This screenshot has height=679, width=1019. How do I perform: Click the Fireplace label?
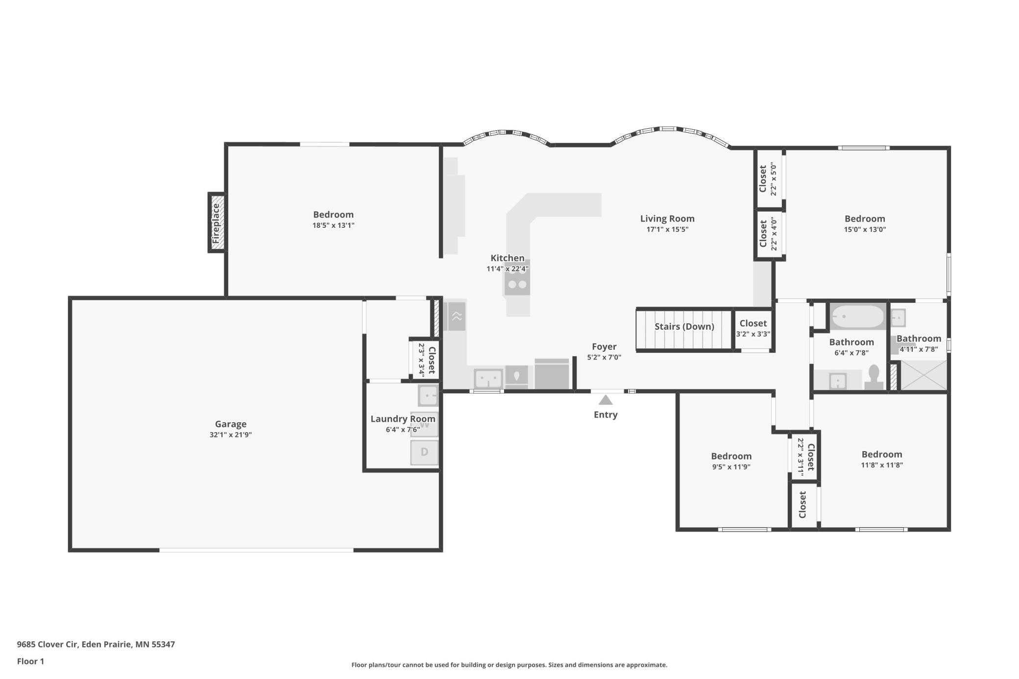pyautogui.click(x=216, y=223)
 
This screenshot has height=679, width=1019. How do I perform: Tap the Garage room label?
pyautogui.click(x=231, y=424)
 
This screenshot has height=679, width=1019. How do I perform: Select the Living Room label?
pyautogui.click(x=667, y=218)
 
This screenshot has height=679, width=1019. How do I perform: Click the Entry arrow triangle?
pyautogui.click(x=606, y=400)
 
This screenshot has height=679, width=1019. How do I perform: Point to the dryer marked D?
pyautogui.click(x=424, y=452)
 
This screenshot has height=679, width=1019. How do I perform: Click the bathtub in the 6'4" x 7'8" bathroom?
pyautogui.click(x=857, y=316)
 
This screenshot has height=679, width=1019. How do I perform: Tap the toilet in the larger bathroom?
pyautogui.click(x=873, y=377)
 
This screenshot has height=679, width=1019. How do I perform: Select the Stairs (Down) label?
pyautogui.click(x=684, y=326)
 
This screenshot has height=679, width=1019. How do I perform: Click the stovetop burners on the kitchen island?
pyautogui.click(x=517, y=283)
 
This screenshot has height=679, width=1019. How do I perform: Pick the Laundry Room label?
pyautogui.click(x=403, y=419)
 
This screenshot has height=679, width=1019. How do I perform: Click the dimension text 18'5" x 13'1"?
pyautogui.click(x=333, y=225)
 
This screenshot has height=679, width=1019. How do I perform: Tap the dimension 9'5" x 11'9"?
pyautogui.click(x=731, y=467)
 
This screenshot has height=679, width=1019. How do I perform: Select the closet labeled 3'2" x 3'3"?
pyautogui.click(x=753, y=329)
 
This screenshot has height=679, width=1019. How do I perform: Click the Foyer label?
pyautogui.click(x=604, y=346)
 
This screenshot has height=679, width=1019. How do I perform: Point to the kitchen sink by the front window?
pyautogui.click(x=488, y=379)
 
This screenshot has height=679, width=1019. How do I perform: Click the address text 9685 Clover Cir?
pyautogui.click(x=48, y=644)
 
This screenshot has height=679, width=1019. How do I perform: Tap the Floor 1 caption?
pyautogui.click(x=30, y=661)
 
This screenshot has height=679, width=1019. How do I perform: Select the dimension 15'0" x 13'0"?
pyautogui.click(x=865, y=229)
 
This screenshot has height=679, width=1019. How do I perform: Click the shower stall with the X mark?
pyautogui.click(x=924, y=375)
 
